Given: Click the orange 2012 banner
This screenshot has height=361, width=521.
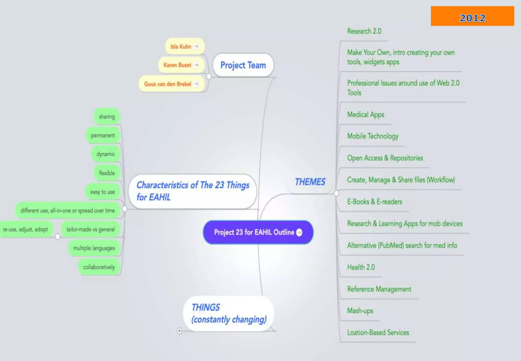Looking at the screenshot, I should pyautogui.click(x=472, y=16).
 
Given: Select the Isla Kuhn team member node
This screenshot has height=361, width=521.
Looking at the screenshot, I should pyautogui.click(x=181, y=46).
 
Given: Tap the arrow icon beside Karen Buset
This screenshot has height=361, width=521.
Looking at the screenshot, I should pyautogui.click(x=196, y=65).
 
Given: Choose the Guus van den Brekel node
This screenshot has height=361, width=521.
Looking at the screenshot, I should pyautogui.click(x=168, y=84).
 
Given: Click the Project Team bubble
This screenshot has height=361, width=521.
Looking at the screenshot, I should pyautogui.click(x=243, y=65).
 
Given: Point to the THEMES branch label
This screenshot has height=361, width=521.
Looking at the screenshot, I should pyautogui.click(x=310, y=182).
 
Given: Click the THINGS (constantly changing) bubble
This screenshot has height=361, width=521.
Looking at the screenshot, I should pyautogui.click(x=228, y=313).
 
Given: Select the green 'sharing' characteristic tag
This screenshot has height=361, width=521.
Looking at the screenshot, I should pyautogui.click(x=107, y=117).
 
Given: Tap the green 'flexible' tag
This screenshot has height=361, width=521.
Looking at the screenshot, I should pyautogui.click(x=107, y=173).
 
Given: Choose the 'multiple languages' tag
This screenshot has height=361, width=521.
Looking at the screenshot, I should pyautogui.click(x=94, y=248).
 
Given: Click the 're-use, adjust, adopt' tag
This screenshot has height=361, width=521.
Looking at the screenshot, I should pyautogui.click(x=25, y=229).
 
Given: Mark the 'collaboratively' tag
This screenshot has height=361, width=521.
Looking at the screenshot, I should pyautogui.click(x=99, y=267).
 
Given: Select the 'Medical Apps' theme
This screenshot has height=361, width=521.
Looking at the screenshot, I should pyautogui.click(x=366, y=115).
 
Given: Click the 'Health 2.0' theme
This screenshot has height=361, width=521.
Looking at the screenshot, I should pyautogui.click(x=361, y=267).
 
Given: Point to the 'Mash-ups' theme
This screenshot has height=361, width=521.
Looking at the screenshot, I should pyautogui.click(x=360, y=311).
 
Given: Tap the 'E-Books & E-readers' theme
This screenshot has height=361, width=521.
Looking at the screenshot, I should pyautogui.click(x=374, y=202).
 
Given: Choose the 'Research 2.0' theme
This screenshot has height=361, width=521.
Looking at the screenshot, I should pyautogui.click(x=364, y=31).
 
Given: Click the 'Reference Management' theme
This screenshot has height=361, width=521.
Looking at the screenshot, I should pyautogui.click(x=379, y=289).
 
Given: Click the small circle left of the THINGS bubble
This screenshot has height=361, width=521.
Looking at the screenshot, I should pyautogui.click(x=180, y=331).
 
